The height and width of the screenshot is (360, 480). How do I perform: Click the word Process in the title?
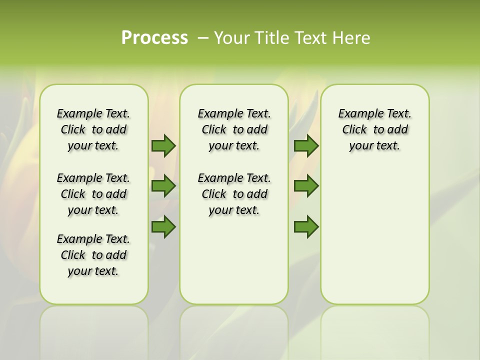click(x=154, y=37)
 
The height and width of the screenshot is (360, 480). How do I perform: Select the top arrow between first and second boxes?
click(x=163, y=146)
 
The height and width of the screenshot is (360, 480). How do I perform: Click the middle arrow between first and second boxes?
click(x=163, y=186)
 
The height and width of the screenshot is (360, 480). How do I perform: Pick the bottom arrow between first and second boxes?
click(x=163, y=227)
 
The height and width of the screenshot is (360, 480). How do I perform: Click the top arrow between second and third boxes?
click(x=306, y=146)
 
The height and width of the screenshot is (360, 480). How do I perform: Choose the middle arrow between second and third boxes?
click(x=306, y=186)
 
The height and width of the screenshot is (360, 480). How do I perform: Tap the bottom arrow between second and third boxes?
click(x=306, y=227)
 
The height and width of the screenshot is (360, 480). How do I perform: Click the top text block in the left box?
click(x=93, y=129)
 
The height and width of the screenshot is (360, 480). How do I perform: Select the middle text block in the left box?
click(x=93, y=194)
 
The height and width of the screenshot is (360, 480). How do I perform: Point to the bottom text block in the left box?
click(x=93, y=255)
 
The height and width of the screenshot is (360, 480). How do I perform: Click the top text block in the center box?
click(x=234, y=129)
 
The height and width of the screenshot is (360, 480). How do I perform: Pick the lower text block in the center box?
click(x=234, y=194)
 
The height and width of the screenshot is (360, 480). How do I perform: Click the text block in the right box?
click(x=374, y=129)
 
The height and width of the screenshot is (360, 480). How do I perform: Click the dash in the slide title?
click(x=203, y=38)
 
